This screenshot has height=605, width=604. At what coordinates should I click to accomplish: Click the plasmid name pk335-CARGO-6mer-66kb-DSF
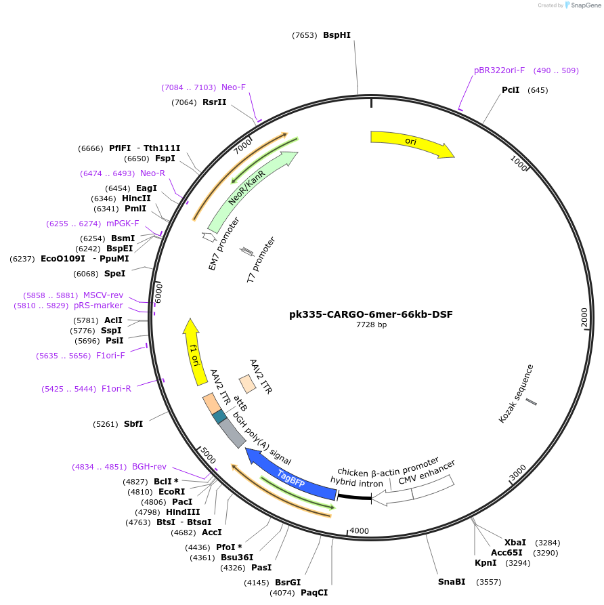[x=370, y=314]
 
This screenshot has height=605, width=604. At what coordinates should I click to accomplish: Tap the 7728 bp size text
[x=371, y=325]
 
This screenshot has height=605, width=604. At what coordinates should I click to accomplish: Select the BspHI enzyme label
[x=337, y=35]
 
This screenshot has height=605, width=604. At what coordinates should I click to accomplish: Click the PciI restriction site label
[x=511, y=90]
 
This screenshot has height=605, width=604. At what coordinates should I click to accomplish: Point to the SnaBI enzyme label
[x=452, y=582]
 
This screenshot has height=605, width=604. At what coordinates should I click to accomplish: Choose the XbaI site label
[x=515, y=543]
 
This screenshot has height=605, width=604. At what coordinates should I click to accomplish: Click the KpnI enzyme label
[x=485, y=563]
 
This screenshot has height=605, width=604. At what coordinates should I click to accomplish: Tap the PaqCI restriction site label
[x=314, y=593]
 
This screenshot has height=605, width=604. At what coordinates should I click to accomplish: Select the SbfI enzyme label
[x=133, y=424]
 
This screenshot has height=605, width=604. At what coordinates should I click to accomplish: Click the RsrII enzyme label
[x=214, y=102]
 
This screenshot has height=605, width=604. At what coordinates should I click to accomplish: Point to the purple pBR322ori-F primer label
[x=499, y=70]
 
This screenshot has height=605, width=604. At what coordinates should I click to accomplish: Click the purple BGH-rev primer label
[x=149, y=467]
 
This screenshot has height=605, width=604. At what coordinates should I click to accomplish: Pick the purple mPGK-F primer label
[x=123, y=224]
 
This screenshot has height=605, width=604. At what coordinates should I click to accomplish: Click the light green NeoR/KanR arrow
[x=251, y=190]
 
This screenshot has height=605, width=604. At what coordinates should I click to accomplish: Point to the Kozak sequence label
[x=516, y=394]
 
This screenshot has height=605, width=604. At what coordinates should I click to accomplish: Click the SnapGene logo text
[x=585, y=5]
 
